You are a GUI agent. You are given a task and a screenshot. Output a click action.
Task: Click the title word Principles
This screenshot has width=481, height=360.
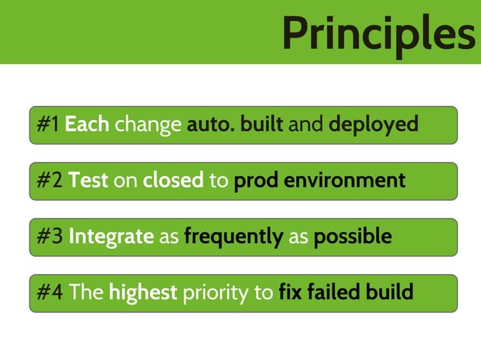(x=378, y=33)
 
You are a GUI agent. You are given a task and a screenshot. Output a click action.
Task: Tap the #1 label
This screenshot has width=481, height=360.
(x=48, y=124)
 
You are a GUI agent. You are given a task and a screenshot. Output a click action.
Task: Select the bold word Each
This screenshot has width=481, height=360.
(x=87, y=124)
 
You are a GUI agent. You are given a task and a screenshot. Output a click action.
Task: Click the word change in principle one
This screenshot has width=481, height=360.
(x=148, y=125)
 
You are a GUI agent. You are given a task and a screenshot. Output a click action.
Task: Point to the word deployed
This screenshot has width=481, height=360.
(x=373, y=125)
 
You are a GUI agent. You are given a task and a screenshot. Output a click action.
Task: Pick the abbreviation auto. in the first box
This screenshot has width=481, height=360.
(x=210, y=124)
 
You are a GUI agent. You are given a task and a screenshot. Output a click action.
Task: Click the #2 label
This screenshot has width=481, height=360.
(x=50, y=181)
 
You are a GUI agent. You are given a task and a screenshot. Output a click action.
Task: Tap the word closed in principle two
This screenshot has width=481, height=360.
(x=173, y=181)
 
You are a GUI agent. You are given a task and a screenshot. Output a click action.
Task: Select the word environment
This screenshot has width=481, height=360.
(x=348, y=181)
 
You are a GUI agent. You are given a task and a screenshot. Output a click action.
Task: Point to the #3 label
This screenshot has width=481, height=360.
(x=50, y=236)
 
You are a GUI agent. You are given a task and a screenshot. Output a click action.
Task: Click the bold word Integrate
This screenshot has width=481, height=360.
(x=111, y=237)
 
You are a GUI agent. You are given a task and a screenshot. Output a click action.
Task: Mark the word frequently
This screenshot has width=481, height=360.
(x=233, y=237)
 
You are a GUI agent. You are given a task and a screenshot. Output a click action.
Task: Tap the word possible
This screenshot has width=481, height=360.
(x=352, y=237)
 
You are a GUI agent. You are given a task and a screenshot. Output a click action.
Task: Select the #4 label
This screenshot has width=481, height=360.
(x=50, y=292)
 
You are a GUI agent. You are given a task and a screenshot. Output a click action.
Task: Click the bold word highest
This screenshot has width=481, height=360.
(x=143, y=293)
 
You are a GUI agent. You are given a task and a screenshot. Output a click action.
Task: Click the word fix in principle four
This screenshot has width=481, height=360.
(x=290, y=292)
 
